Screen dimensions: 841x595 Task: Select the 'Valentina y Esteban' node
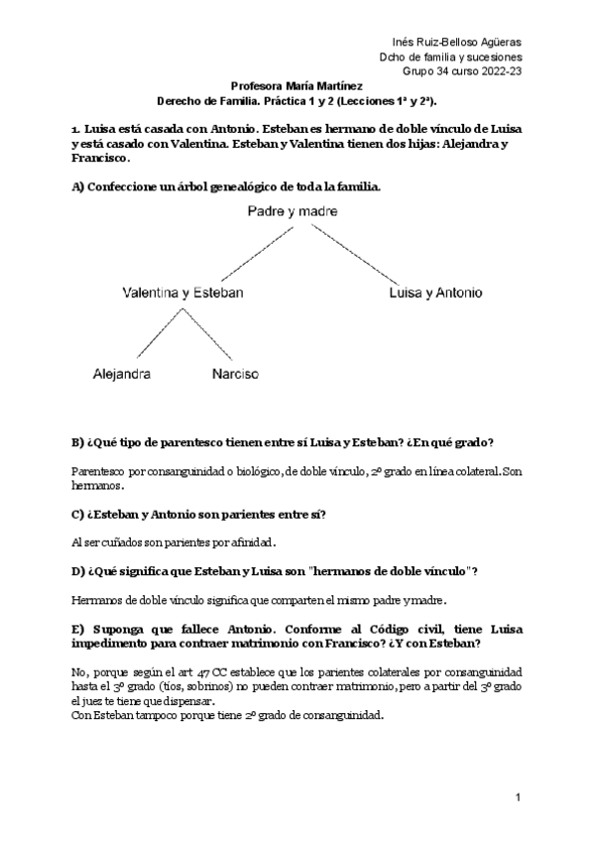point(182,294)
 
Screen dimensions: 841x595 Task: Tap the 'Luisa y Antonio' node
point(436,294)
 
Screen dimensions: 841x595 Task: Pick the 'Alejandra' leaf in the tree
point(122,375)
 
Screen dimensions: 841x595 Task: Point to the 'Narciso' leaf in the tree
point(235,375)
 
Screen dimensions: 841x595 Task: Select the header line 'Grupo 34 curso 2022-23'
point(462,71)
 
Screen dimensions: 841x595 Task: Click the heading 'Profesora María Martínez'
point(296,86)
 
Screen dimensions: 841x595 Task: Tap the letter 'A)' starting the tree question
point(79,186)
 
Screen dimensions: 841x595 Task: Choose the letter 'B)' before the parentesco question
point(78,440)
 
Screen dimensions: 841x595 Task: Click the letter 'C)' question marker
point(78,513)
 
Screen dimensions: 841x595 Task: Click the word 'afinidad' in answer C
point(249,542)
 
